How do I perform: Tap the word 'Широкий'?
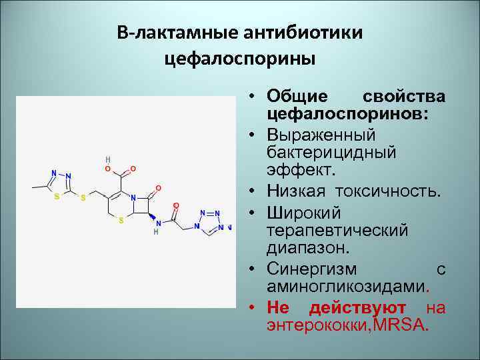(304, 213)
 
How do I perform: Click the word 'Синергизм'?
(311, 269)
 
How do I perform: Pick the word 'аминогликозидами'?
(345, 287)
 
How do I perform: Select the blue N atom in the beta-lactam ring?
(133, 198)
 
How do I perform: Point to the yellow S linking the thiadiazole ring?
(83, 198)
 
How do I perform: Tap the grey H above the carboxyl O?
(108, 160)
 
